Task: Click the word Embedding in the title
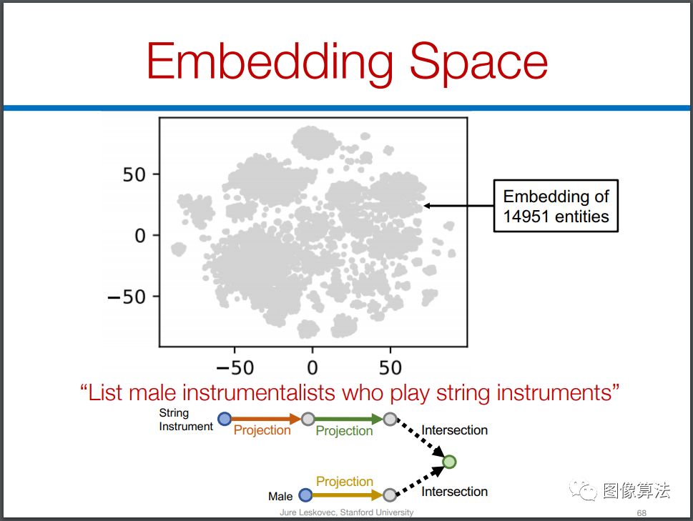270,62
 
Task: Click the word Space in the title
478,62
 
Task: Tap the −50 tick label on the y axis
127,297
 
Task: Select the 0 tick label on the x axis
313,367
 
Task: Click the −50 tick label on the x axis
235,367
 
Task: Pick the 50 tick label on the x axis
390,367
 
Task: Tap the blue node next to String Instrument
225,419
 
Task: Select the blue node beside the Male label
305,495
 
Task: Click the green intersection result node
449,462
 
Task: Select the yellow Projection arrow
348,495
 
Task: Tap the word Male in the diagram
280,496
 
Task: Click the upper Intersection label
454,430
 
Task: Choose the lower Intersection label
454,492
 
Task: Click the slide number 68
642,512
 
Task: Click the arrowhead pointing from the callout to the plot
428,206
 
